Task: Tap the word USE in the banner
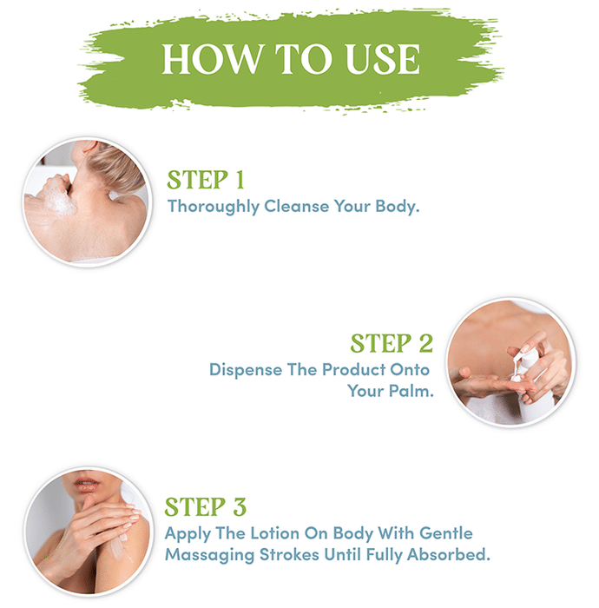click(383, 59)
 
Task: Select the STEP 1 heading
click(206, 180)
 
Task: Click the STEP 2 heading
click(392, 344)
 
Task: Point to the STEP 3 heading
click(206, 506)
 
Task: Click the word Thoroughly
click(213, 207)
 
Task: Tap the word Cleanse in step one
click(296, 206)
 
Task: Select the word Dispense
click(246, 370)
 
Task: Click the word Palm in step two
click(411, 391)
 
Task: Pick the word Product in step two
click(353, 369)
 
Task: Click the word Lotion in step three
click(274, 533)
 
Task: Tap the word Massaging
click(209, 555)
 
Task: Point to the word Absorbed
click(448, 554)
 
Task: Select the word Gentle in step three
click(446, 533)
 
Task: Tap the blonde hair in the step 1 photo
click(116, 167)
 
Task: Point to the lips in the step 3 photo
click(87, 485)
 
